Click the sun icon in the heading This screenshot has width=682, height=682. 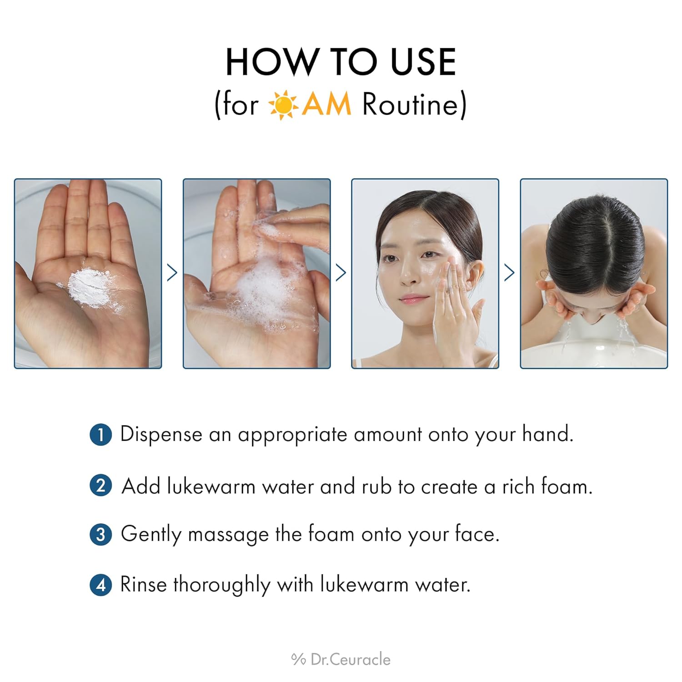283,105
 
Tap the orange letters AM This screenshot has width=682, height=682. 326,104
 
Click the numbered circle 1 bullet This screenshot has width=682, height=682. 100,435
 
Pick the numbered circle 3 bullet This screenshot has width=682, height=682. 100,535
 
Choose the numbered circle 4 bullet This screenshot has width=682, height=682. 100,585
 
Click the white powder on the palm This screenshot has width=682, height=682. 88,287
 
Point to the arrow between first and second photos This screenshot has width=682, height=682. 172,273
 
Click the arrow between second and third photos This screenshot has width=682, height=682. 341,273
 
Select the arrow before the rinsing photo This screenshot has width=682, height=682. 509,273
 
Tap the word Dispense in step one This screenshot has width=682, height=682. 161,435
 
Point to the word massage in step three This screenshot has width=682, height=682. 228,535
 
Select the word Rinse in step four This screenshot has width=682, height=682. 143,585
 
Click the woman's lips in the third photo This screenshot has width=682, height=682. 413,299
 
